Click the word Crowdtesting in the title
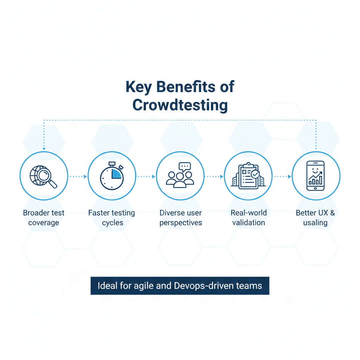click(x=180, y=105)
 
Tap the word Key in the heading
click(x=139, y=87)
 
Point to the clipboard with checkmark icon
click(x=248, y=176)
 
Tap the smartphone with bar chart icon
click(x=316, y=176)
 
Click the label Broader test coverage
click(x=44, y=218)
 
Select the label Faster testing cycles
click(x=112, y=218)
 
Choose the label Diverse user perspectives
click(x=181, y=218)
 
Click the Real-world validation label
click(x=249, y=218)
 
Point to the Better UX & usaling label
click(x=316, y=218)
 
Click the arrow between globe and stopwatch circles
click(x=78, y=176)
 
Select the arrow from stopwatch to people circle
click(x=146, y=176)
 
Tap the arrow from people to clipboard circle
click(x=214, y=176)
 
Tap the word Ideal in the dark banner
click(x=108, y=285)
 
